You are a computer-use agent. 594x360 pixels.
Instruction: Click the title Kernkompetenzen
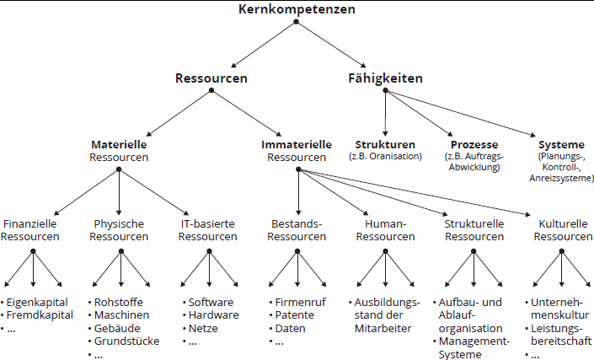pos(297,9)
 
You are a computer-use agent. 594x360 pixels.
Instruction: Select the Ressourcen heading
pos(211,78)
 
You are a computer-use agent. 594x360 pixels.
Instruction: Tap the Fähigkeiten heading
pos(385,78)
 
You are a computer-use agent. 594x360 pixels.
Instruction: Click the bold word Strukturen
pos(385,144)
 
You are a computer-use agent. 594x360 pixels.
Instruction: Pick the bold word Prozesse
pos(474,144)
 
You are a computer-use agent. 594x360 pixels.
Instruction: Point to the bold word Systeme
pos(561,145)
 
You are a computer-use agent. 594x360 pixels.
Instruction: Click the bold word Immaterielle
pos(297,144)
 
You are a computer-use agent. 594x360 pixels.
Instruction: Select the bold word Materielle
pos(119,144)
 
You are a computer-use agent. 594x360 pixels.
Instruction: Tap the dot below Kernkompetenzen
pos(297,22)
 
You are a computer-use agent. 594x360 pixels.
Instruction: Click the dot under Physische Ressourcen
pos(121,251)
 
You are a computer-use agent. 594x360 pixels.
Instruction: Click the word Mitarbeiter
pos(383,328)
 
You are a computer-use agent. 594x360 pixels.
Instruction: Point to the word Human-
pos(385,223)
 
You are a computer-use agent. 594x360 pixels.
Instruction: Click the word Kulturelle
pos(563,223)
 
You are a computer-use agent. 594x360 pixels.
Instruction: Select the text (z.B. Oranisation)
pos(385,156)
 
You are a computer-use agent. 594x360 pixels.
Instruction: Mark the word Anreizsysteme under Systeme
pos(561,178)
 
